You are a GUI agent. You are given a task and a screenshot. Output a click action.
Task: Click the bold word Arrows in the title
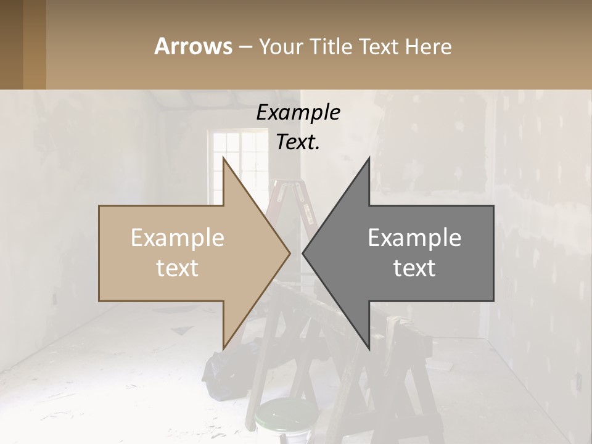(x=194, y=46)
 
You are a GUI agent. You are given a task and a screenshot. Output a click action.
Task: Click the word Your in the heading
(x=281, y=47)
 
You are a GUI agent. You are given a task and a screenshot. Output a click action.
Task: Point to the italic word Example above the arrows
(x=298, y=113)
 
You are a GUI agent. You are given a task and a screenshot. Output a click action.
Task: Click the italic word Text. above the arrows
(x=298, y=142)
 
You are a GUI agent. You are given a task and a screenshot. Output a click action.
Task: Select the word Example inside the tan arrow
(x=178, y=238)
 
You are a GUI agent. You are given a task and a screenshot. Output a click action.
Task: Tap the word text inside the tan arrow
(x=178, y=268)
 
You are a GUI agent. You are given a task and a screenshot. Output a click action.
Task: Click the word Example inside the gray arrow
(x=414, y=238)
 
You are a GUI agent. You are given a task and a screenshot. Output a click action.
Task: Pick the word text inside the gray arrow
(x=414, y=268)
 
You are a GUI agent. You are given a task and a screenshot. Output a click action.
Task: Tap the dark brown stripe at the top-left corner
(x=11, y=44)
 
